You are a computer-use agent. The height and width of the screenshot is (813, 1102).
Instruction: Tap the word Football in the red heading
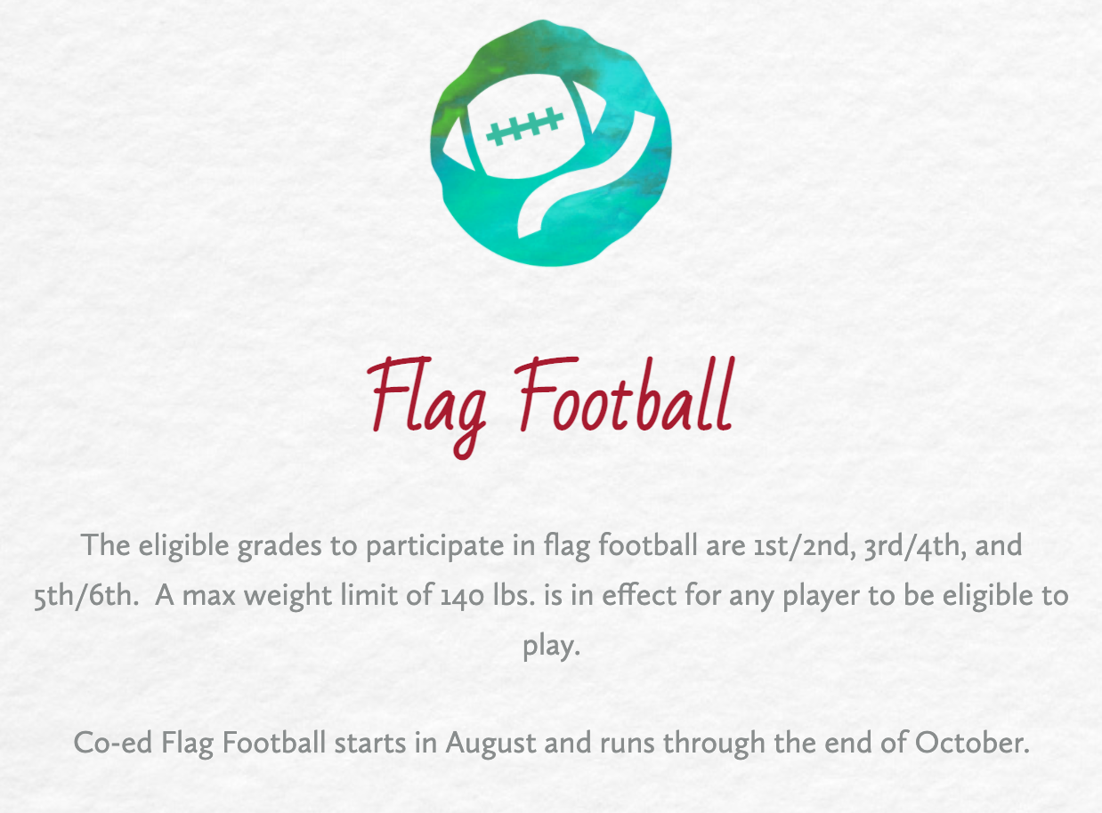point(627,394)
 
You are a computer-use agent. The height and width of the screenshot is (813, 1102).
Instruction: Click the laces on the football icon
point(524,126)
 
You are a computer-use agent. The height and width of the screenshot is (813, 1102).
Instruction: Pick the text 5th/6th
point(86,595)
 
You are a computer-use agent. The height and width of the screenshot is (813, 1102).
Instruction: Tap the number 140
point(462,595)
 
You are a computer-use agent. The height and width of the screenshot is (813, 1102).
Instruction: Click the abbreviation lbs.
point(515,594)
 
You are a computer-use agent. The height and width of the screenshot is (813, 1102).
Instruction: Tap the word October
point(972,743)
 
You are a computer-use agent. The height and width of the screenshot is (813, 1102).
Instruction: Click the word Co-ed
point(113,744)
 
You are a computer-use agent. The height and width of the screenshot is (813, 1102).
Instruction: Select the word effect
point(639,594)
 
